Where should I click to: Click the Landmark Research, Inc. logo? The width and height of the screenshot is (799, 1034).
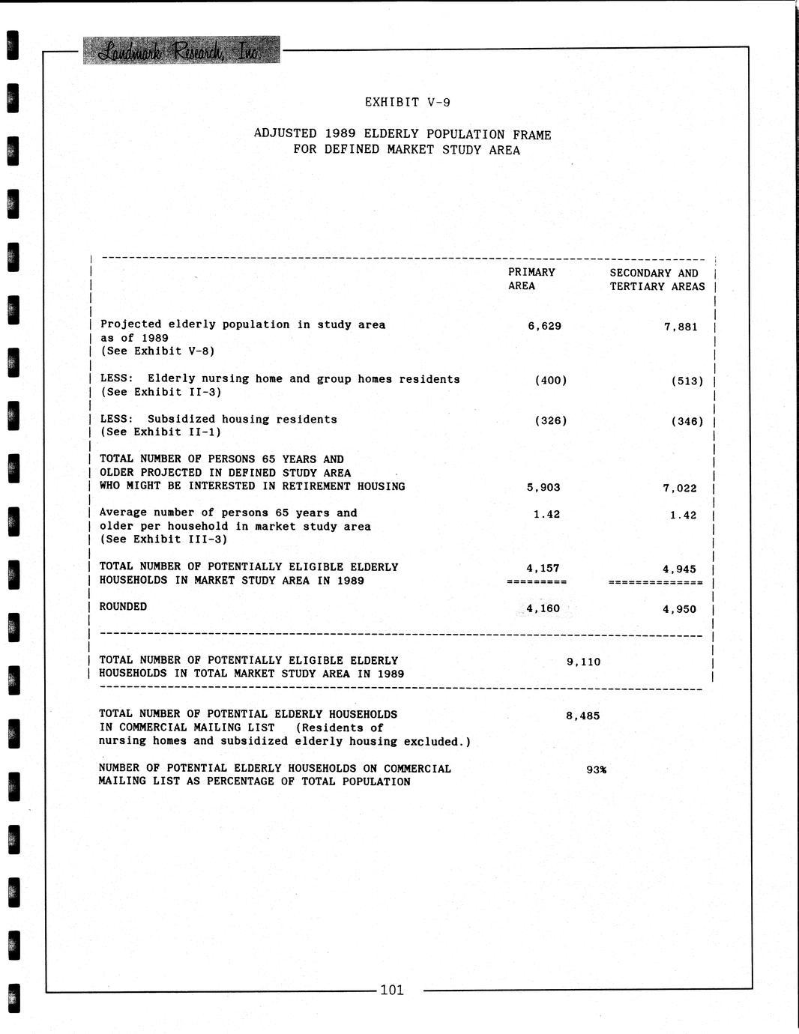pyautogui.click(x=181, y=50)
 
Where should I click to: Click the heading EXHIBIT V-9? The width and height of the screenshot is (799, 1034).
pyautogui.click(x=407, y=102)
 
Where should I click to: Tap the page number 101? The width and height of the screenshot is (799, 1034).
pyautogui.click(x=391, y=990)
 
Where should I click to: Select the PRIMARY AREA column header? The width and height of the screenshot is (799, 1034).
pyautogui.click(x=531, y=279)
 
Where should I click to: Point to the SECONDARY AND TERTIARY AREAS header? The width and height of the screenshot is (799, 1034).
pyautogui.click(x=657, y=279)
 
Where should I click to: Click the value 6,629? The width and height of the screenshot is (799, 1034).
pyautogui.click(x=544, y=326)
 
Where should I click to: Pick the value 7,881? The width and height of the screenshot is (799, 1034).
pyautogui.click(x=680, y=327)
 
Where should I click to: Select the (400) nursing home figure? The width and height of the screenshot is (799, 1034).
pyautogui.click(x=550, y=380)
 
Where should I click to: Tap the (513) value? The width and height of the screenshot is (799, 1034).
pyautogui.click(x=687, y=381)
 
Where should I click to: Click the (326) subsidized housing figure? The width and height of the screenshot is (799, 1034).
pyautogui.click(x=550, y=420)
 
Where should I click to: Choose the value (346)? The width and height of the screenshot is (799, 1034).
pyautogui.click(x=687, y=421)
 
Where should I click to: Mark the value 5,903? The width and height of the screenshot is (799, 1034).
pyautogui.click(x=543, y=487)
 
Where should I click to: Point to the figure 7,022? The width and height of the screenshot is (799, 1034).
pyautogui.click(x=679, y=489)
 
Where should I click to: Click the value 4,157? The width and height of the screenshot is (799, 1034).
pyautogui.click(x=543, y=568)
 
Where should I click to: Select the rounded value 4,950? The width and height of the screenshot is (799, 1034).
pyautogui.click(x=679, y=609)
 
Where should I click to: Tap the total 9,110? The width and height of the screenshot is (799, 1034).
pyautogui.click(x=583, y=662)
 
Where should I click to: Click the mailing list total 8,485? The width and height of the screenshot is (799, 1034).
pyautogui.click(x=582, y=716)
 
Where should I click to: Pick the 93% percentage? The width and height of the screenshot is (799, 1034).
pyautogui.click(x=596, y=770)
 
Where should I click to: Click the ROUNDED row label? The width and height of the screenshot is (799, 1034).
pyautogui.click(x=123, y=606)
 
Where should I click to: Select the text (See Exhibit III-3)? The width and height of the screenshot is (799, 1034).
pyautogui.click(x=163, y=539)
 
